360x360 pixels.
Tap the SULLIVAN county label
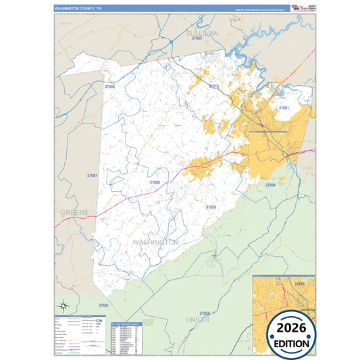202,32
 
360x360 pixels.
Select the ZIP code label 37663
197,39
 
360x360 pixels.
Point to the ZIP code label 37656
110,86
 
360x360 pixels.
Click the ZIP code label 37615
214,86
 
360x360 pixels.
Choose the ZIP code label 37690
155,182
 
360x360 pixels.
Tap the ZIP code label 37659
211,207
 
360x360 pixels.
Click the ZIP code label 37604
270,184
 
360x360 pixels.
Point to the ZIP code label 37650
205,313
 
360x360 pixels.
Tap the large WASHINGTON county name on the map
155,241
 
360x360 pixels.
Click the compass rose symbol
63,305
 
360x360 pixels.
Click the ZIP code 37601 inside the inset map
299,284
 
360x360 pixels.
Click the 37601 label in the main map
284,107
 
